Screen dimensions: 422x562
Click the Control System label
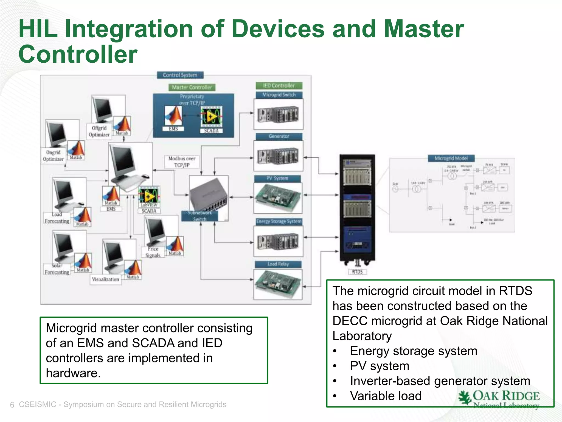[x=180, y=75]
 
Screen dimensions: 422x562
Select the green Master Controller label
[x=192, y=87]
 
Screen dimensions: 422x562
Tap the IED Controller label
[x=279, y=85]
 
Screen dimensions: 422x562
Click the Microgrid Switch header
[x=279, y=95]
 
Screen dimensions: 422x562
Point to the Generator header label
[x=279, y=136]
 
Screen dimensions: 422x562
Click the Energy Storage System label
[x=279, y=221]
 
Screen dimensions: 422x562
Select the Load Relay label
[x=278, y=264]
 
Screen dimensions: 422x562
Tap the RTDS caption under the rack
[x=357, y=272]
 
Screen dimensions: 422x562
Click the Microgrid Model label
[x=451, y=158]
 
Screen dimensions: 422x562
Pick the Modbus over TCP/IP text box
[x=182, y=162]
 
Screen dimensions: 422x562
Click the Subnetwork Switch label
[x=200, y=216]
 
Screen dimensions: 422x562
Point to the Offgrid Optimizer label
[x=99, y=131]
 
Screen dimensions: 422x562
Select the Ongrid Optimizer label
[x=53, y=156]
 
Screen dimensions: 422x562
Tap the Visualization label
[x=105, y=279]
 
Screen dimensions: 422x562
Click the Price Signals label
[x=153, y=252]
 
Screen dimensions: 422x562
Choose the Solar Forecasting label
[x=57, y=269]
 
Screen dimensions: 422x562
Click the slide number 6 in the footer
[x=12, y=405]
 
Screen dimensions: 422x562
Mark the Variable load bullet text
[x=386, y=396]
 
